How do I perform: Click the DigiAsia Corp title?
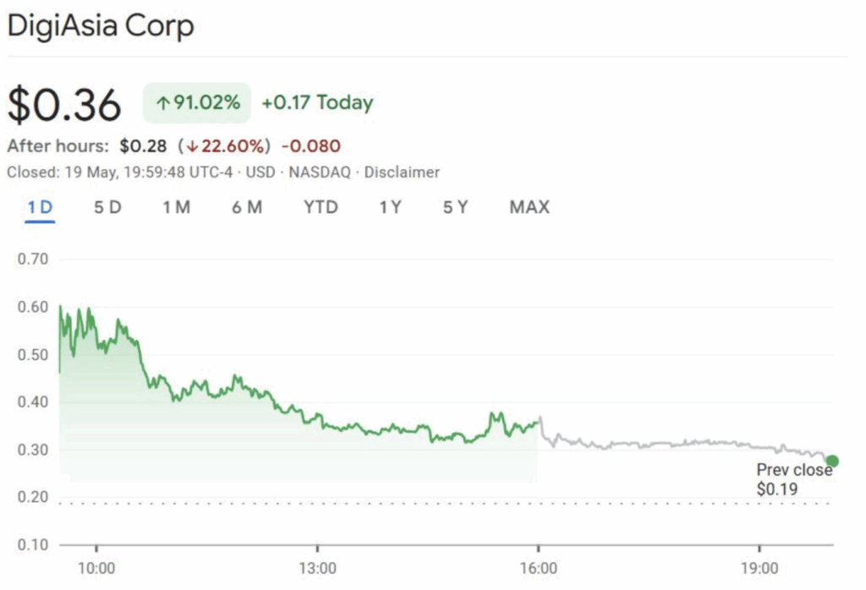click(x=101, y=26)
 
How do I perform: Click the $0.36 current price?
click(x=64, y=105)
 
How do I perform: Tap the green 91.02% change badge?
click(x=197, y=103)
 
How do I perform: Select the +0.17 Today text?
click(x=317, y=103)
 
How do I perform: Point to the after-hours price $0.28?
click(x=143, y=145)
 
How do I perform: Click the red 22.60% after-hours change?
click(x=227, y=145)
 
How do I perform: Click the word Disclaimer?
click(x=402, y=172)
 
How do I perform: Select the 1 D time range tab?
click(x=40, y=207)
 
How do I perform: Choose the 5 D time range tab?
click(x=107, y=207)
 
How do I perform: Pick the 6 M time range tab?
click(x=247, y=207)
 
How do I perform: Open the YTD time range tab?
click(x=321, y=207)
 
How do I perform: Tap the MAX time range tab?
click(x=529, y=207)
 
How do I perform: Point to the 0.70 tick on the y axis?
click(x=32, y=259)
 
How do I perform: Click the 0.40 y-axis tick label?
click(x=32, y=402)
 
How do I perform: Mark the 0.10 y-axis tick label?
click(x=32, y=544)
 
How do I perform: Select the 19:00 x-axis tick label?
click(x=759, y=566)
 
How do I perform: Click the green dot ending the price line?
click(x=832, y=461)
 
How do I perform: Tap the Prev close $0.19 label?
click(x=793, y=479)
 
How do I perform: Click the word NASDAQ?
click(x=322, y=172)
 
